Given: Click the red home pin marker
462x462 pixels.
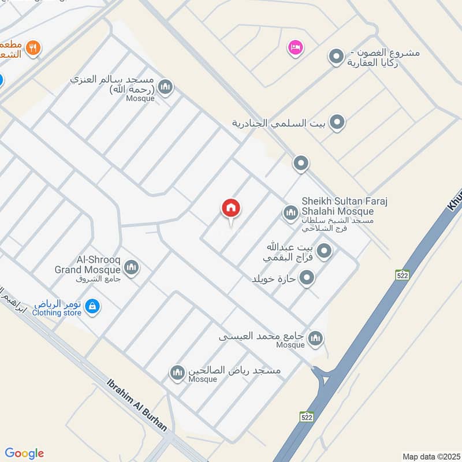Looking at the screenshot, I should pyautogui.click(x=231, y=208).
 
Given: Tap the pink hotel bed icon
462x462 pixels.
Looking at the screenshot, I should pyautogui.click(x=295, y=47).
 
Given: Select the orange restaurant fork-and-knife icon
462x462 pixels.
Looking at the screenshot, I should pyautogui.click(x=33, y=49).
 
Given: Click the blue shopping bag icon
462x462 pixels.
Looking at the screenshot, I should pyautogui.click(x=92, y=307).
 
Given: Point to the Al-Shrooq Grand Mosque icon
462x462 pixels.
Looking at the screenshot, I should pyautogui.click(x=131, y=267).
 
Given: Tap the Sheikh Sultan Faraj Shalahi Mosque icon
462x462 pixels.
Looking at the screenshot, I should pyautogui.click(x=290, y=213).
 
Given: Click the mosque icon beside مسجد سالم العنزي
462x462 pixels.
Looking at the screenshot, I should pyautogui.click(x=166, y=87).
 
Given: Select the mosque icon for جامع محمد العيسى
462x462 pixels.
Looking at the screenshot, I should pyautogui.click(x=315, y=338).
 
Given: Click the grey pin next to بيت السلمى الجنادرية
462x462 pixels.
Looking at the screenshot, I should pyautogui.click(x=337, y=122).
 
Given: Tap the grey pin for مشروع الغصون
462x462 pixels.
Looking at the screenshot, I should pyautogui.click(x=336, y=57).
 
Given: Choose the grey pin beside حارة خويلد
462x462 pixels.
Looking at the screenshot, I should pyautogui.click(x=307, y=278).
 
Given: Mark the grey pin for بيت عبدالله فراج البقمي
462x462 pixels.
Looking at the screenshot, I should pyautogui.click(x=325, y=251).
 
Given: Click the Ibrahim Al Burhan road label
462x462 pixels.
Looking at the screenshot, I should pyautogui.click(x=137, y=405).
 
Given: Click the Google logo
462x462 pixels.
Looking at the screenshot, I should pyautogui.click(x=24, y=453).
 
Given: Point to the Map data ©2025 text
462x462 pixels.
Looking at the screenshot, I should pyautogui.click(x=430, y=456).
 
